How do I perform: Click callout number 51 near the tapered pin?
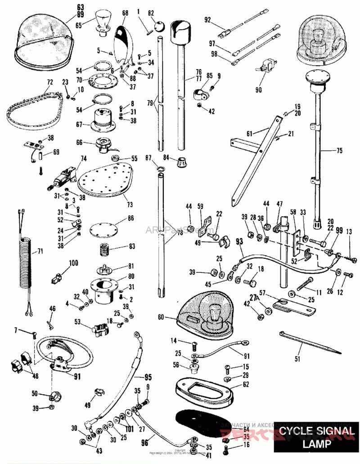pos(297,359)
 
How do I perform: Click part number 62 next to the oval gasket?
pos(246,384)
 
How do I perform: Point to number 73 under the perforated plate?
pos(130,205)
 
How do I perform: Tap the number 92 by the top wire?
pos(207,19)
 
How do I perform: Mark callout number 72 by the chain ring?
pos(49,83)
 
